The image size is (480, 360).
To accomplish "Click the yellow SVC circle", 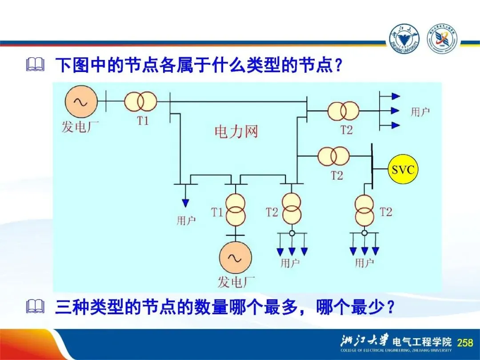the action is click(403, 169).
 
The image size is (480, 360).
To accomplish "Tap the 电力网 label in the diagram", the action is click(236, 132).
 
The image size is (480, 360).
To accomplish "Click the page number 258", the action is click(465, 342).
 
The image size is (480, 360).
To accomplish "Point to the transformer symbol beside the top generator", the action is click(140, 102).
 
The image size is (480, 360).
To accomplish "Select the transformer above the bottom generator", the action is click(235, 210).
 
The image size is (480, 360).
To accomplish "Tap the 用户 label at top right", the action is click(420, 112).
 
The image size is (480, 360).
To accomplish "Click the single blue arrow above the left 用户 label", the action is click(185, 203).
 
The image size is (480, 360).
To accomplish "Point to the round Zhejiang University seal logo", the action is click(404, 39).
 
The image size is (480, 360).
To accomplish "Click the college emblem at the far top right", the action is click(442, 39).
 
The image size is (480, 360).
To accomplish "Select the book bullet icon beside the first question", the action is click(36, 66).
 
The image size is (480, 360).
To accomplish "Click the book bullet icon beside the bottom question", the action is click(36, 306).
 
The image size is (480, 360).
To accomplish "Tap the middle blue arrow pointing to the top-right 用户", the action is click(395, 111).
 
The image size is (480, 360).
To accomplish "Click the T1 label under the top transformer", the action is click(143, 120).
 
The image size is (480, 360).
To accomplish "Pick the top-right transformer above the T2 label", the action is click(343, 111).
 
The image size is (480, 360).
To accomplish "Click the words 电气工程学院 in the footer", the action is click(422, 342).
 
